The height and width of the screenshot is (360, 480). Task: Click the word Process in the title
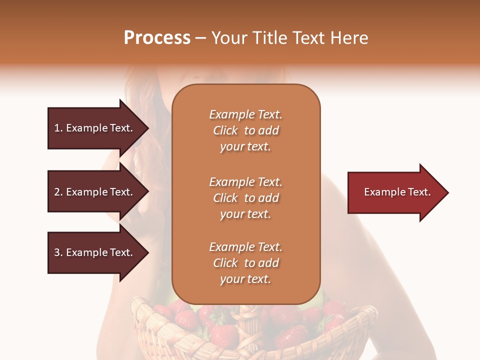tap(157, 38)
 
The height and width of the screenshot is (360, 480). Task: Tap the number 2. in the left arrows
tap(58, 192)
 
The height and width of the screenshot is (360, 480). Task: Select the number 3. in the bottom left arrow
tap(58, 252)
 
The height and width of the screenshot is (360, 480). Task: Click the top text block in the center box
tap(245, 130)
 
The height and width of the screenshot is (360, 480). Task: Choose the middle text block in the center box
tap(245, 198)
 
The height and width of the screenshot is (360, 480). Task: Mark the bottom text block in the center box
tap(245, 263)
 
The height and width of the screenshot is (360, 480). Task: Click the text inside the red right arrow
tap(397, 192)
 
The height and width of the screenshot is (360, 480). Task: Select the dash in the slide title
tap(200, 38)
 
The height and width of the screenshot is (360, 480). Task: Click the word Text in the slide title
tap(310, 38)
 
